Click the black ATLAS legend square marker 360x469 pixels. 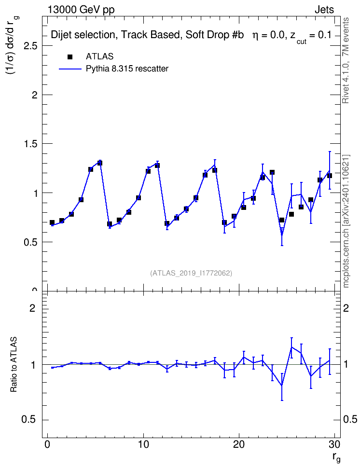pyautogui.click(x=70, y=57)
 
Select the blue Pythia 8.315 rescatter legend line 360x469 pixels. pyautogui.click(x=70, y=69)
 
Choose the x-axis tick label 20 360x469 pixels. pyautogui.click(x=239, y=444)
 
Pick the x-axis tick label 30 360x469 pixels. pyautogui.click(x=334, y=444)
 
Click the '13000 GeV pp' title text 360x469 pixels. pyautogui.click(x=81, y=10)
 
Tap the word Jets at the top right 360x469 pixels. pyautogui.click(x=324, y=10)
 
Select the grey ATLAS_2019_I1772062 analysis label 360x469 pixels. pyautogui.click(x=191, y=273)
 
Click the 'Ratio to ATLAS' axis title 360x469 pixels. pyautogui.click(x=14, y=364)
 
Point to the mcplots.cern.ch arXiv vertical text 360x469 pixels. pyautogui.click(x=346, y=221)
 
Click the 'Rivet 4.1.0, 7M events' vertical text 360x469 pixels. pyautogui.click(x=346, y=60)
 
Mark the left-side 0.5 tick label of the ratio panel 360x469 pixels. pyautogui.click(x=29, y=420)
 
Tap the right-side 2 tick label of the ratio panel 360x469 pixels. pyautogui.click(x=346, y=308)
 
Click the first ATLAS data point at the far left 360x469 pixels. pyautogui.click(x=52, y=222)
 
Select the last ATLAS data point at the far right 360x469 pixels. pyautogui.click(x=330, y=176)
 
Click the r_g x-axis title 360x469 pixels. pyautogui.click(x=336, y=457)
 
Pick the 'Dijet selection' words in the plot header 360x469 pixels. pyautogui.click(x=83, y=35)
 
